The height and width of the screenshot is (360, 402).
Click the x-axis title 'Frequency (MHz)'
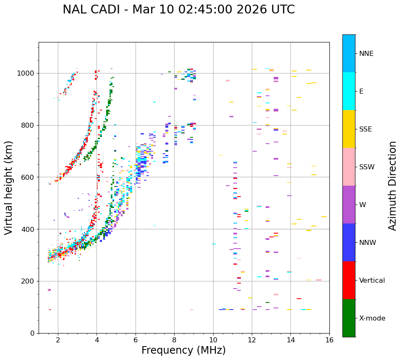183,350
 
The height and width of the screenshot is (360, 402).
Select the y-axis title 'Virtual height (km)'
9,187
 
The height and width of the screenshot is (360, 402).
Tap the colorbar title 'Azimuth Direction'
392,186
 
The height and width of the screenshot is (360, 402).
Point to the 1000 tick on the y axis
29,73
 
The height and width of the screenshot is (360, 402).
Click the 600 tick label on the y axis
29,177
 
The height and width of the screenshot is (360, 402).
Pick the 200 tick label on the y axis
29,281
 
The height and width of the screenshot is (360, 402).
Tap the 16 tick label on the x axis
329,340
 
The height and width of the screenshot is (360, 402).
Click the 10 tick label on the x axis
213,340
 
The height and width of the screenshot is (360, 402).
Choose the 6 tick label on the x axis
136,340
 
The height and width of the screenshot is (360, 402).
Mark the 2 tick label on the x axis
58,340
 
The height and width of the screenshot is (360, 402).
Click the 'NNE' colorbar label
366,54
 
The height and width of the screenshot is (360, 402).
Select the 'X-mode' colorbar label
372,318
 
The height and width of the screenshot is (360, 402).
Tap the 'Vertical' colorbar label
372,281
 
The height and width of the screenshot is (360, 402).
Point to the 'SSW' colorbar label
367,167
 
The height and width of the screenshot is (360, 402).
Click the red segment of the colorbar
349,280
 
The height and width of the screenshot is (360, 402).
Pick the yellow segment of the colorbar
349,129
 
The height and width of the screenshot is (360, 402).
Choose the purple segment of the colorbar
349,205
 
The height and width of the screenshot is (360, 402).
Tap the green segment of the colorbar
349,318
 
